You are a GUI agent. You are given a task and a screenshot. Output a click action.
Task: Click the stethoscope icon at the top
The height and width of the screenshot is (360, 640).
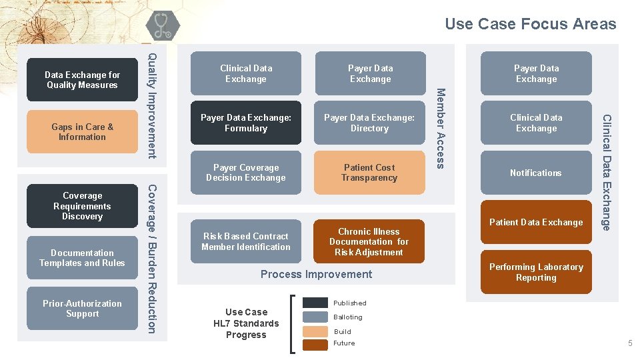point(161,26)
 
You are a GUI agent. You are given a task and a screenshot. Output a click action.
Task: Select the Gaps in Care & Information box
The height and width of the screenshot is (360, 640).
point(82,132)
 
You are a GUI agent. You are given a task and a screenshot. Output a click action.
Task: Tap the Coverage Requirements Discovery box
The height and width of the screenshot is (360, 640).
point(82,206)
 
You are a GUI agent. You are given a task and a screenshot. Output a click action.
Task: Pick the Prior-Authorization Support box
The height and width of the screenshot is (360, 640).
point(82,308)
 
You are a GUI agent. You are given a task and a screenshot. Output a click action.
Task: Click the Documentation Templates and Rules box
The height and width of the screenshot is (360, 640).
point(82,257)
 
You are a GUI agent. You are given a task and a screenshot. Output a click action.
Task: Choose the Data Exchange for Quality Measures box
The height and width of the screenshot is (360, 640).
point(82,80)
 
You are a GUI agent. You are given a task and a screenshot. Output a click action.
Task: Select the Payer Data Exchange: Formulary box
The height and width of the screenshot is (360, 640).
point(245,123)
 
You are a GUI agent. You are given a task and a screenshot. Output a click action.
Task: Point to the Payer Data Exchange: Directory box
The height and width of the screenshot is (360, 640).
point(369,123)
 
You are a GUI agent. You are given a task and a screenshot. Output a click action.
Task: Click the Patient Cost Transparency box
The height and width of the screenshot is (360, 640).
point(369,173)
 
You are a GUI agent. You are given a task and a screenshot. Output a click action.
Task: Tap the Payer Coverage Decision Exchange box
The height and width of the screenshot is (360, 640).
point(245,173)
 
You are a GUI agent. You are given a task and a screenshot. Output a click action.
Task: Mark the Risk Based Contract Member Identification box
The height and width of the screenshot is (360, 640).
point(245,241)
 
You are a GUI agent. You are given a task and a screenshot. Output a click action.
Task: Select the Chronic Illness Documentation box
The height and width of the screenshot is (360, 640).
point(369,241)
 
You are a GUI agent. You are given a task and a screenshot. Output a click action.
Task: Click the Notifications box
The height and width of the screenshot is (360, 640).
point(536,173)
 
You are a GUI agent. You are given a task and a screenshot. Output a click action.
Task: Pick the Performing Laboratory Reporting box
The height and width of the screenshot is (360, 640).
point(536,272)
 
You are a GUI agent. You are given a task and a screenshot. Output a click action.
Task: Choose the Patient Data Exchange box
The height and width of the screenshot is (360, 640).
point(536,222)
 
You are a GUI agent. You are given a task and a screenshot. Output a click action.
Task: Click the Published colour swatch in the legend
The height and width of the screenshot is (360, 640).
point(315,303)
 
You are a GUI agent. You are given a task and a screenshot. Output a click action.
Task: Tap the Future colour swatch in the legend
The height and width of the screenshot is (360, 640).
point(315,343)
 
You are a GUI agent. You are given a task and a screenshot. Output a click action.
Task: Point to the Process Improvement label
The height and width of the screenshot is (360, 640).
point(316,274)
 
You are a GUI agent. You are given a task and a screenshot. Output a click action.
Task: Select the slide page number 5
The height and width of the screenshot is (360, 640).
point(629,343)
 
